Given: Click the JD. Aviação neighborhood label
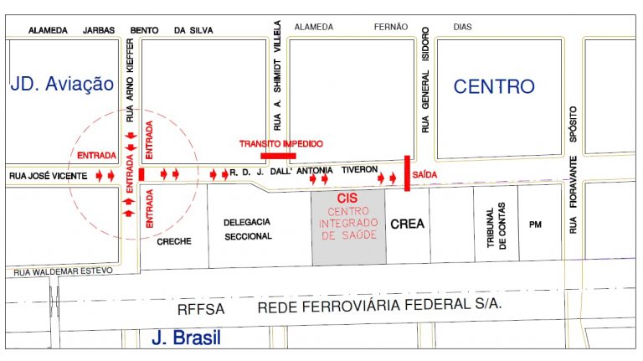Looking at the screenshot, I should point(61,83).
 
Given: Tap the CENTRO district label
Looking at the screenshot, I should point(494,85).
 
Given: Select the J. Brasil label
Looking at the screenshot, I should point(186,338).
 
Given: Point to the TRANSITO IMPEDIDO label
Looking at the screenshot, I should point(281,144).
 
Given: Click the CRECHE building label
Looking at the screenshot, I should point(174,241).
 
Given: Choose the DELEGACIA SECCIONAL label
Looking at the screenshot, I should point(248,229).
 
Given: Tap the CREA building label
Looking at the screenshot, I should point(407,224).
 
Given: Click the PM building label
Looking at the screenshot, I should point(536,224).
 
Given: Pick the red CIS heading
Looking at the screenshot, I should point(347,199).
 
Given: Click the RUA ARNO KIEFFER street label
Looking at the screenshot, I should point(130,80).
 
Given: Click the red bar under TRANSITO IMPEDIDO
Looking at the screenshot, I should point(277,155).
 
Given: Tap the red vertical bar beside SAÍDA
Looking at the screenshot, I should point(407,173).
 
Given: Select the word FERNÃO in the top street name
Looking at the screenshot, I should point(391,28).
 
